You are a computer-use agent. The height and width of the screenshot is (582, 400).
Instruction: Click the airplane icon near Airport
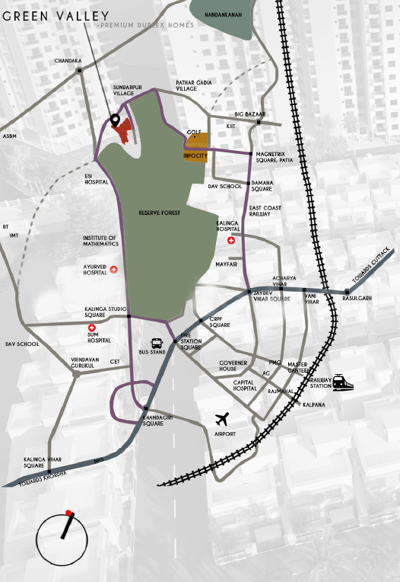222,419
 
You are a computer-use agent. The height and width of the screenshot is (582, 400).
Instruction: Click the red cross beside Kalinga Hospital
231,241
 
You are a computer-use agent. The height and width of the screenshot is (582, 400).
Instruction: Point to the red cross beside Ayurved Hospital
114,269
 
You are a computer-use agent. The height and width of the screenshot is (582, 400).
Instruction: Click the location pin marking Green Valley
115,120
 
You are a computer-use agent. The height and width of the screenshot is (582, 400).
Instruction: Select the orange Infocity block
195,155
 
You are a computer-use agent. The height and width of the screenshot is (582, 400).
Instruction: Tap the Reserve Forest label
159,213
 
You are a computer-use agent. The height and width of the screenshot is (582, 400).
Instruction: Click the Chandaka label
68,60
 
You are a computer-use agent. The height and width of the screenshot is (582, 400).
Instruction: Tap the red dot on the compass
68,513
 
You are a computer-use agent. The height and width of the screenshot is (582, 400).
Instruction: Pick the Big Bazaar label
250,114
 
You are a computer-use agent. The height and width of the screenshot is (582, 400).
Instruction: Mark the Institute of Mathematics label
100,241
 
